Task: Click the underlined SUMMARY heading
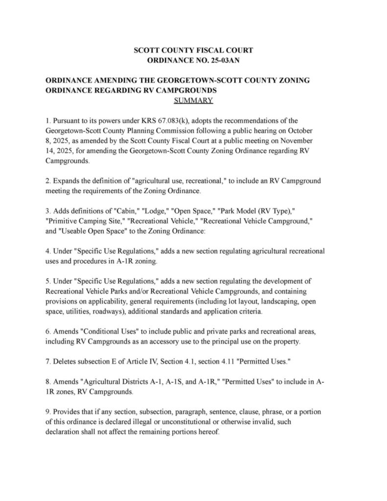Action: (x=193, y=101)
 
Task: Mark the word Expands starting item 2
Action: (x=67, y=181)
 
